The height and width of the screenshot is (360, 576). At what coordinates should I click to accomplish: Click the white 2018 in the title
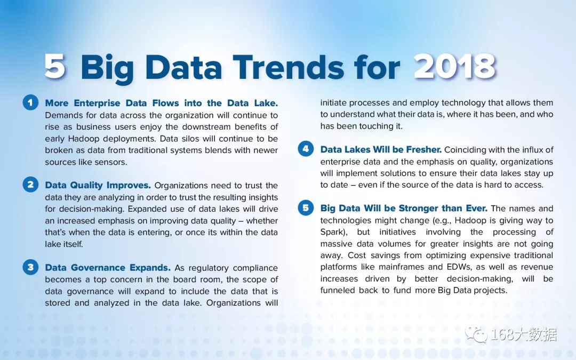(x=455, y=67)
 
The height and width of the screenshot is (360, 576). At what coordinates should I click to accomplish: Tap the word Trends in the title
(x=289, y=67)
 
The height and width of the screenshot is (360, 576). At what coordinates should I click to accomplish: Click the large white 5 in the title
(x=55, y=67)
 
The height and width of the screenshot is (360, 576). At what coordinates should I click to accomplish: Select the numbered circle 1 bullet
(x=30, y=102)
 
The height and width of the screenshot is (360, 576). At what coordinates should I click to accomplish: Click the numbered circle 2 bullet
(x=30, y=185)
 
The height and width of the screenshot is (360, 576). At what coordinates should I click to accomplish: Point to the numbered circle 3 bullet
(x=30, y=267)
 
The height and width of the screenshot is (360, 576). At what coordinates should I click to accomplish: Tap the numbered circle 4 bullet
(x=306, y=149)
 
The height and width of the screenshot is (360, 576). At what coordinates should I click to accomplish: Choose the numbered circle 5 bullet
(x=306, y=208)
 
